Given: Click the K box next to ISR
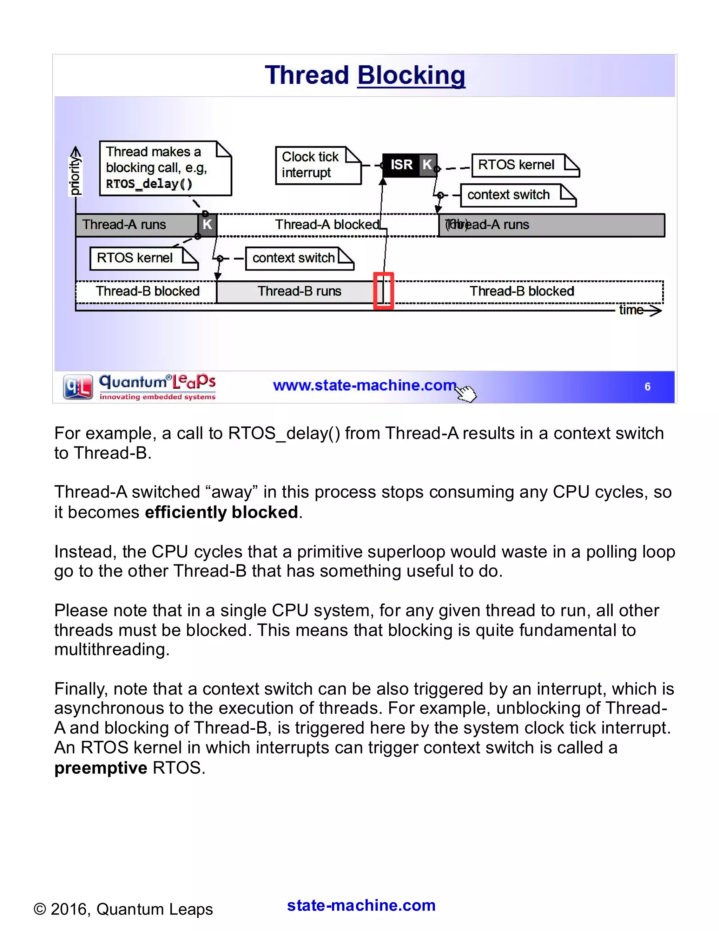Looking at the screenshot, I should pyautogui.click(x=428, y=164).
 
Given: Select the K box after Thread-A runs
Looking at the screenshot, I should pyautogui.click(x=207, y=224).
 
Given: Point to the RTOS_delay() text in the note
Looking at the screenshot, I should pyautogui.click(x=149, y=184).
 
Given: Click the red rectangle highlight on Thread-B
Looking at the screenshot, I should pyautogui.click(x=383, y=291).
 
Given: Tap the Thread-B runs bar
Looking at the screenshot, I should pyautogui.click(x=299, y=291).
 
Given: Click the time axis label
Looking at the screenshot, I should pyautogui.click(x=631, y=310).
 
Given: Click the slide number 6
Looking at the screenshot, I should pyautogui.click(x=647, y=387).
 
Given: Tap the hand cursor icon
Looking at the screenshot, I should pyautogui.click(x=467, y=393).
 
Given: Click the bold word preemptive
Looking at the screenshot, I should pyautogui.click(x=100, y=768).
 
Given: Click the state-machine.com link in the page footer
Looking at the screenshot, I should pyautogui.click(x=361, y=905).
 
